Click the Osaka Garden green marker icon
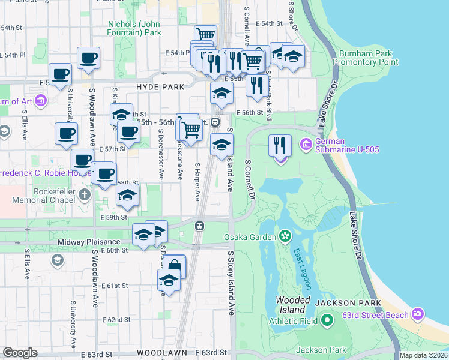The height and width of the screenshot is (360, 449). click(x=285, y=236)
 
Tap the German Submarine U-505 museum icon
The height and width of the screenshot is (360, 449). click(x=305, y=144)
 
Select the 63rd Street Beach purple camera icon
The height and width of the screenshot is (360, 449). click(x=418, y=314)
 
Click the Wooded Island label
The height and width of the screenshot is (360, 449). click(x=292, y=305)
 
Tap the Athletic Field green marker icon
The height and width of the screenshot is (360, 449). click(x=327, y=321)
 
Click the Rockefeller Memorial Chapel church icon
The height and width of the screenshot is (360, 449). click(x=85, y=195)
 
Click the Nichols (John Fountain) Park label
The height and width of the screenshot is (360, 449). click(x=134, y=29)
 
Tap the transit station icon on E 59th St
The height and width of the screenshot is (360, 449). click(x=199, y=226)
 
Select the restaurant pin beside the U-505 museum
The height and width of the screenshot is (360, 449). click(x=280, y=145)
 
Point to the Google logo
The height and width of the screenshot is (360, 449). click(x=20, y=353)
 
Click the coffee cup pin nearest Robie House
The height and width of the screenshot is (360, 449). click(x=82, y=160)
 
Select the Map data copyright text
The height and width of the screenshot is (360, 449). click(x=423, y=355)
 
